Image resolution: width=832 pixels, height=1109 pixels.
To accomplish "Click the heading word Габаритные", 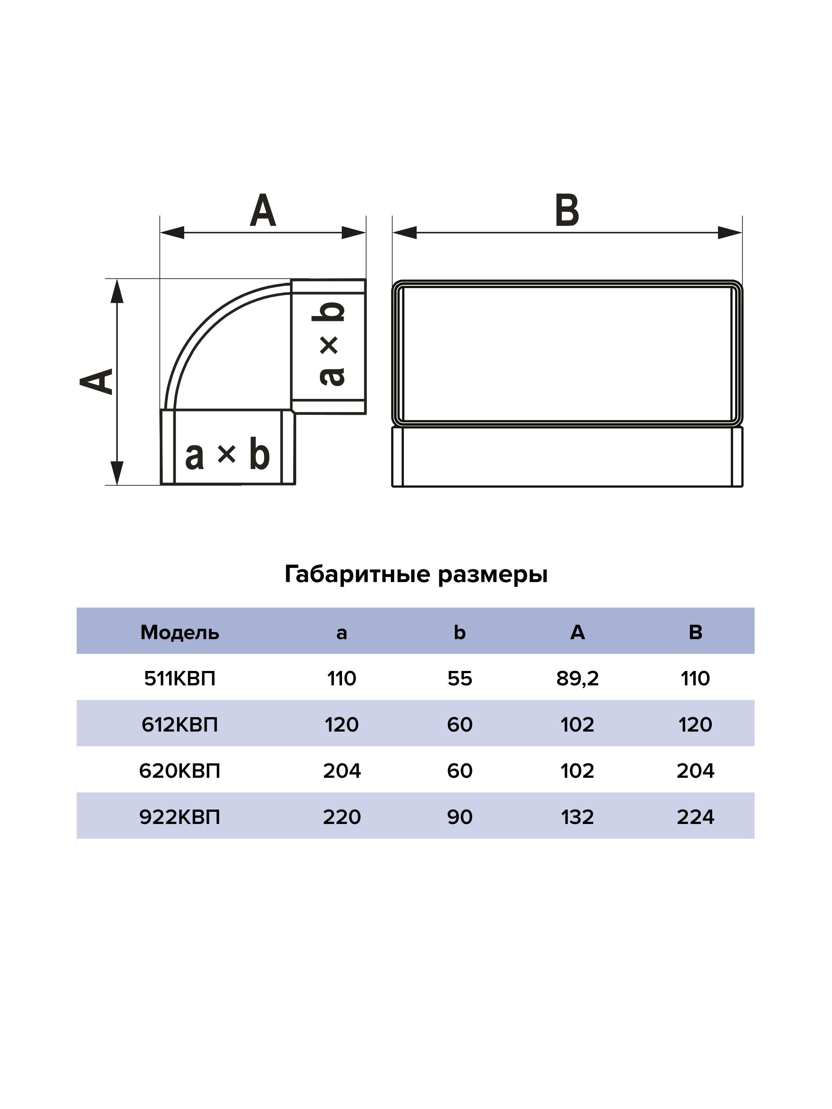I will pyautogui.click(x=357, y=574).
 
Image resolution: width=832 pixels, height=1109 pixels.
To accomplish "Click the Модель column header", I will pyautogui.click(x=180, y=633).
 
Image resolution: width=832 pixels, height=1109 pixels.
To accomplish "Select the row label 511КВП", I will pyautogui.click(x=180, y=679).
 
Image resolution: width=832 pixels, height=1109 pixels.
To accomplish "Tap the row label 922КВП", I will pyautogui.click(x=180, y=817).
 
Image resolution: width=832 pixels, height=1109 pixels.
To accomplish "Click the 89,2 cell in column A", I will pyautogui.click(x=577, y=679).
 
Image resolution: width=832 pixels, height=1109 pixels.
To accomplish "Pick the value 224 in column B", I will pyautogui.click(x=695, y=817).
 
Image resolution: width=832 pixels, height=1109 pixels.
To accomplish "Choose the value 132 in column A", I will pyautogui.click(x=577, y=817).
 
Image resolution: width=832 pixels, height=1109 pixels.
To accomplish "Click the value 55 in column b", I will pyautogui.click(x=459, y=679).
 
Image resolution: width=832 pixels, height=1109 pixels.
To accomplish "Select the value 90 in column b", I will pyautogui.click(x=459, y=817).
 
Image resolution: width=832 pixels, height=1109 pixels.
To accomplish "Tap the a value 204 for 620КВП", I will pyautogui.click(x=342, y=771).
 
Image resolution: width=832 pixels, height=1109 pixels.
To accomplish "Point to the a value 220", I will pyautogui.click(x=342, y=817).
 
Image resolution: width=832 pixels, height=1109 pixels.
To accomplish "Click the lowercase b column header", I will pyautogui.click(x=459, y=633).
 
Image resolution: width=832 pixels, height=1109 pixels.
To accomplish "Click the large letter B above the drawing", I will pyautogui.click(x=567, y=211).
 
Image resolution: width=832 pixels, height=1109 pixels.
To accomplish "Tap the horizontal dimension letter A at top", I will pyautogui.click(x=263, y=211).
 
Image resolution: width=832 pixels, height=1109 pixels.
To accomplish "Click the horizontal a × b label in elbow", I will pyautogui.click(x=227, y=455).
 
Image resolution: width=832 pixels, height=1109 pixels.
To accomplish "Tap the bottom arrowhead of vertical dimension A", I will pyautogui.click(x=117, y=472).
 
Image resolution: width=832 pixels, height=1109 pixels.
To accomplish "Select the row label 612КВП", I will pyautogui.click(x=180, y=725).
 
